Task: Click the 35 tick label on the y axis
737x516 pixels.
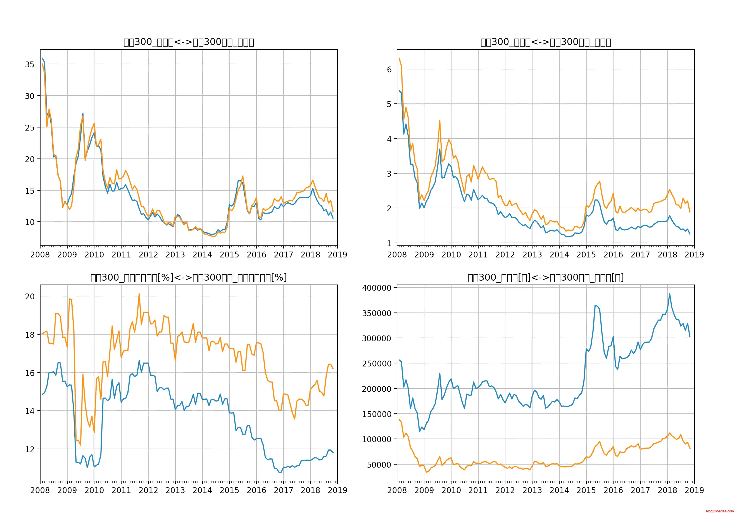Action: [30, 65]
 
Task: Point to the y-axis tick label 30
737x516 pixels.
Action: [30, 96]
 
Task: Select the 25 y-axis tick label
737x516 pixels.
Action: [30, 127]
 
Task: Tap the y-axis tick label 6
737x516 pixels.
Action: [389, 69]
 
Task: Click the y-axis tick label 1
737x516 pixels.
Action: [389, 243]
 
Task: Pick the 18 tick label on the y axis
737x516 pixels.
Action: [30, 335]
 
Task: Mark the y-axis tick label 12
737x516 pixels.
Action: [30, 449]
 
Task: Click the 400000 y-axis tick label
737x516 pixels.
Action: [377, 288]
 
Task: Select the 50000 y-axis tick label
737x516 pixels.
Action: [379, 465]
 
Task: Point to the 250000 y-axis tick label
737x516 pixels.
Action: [377, 363]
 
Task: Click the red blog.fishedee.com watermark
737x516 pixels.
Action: [720, 511]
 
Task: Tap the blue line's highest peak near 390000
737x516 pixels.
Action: [670, 294]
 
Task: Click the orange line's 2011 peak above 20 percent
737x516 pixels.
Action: [139, 294]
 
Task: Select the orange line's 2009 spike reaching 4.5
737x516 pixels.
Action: [440, 121]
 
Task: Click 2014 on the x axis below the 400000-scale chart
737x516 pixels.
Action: [559, 490]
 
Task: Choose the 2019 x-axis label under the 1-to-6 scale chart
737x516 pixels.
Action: [694, 255]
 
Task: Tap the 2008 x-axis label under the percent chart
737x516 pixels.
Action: [40, 490]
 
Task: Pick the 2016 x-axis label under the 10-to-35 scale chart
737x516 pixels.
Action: [256, 255]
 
